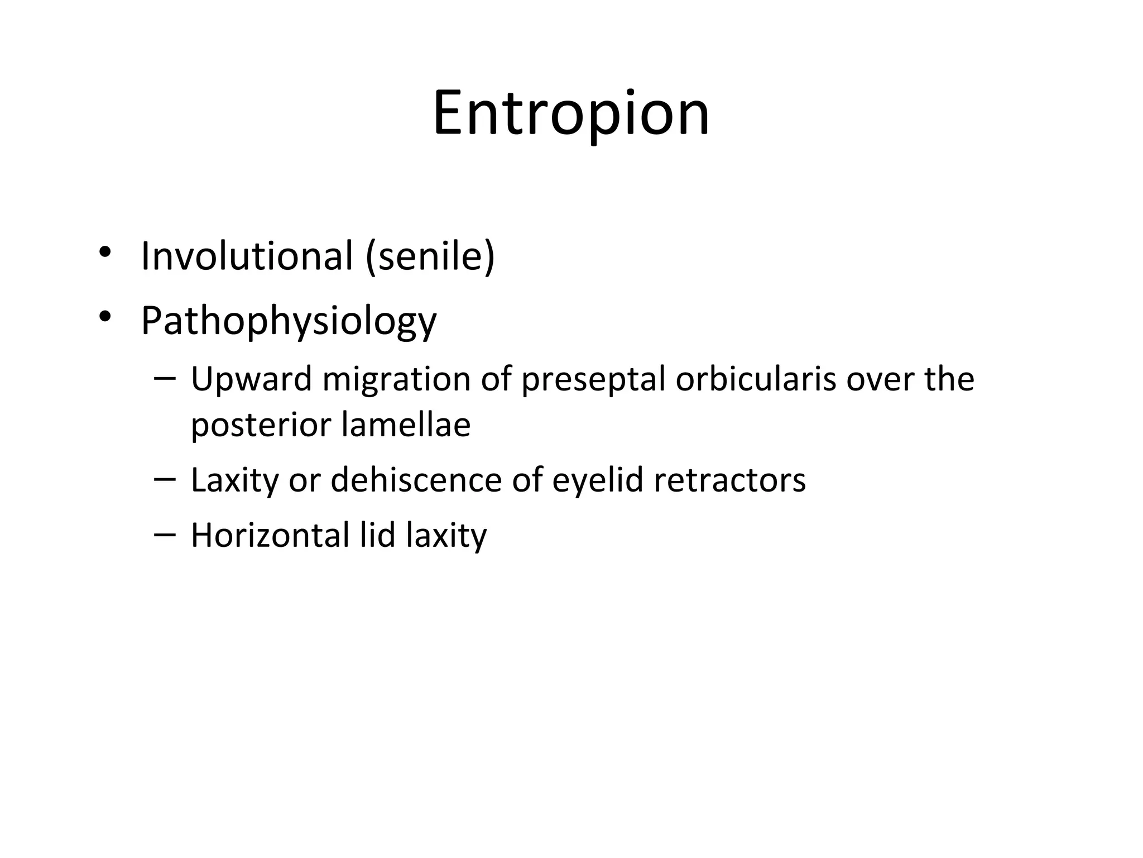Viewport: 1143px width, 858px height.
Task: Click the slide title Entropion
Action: tap(571, 115)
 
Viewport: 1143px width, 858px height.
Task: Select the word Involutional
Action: tap(247, 256)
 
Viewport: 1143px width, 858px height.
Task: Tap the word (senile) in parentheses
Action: tap(430, 256)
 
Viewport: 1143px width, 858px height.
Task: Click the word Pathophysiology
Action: tap(289, 322)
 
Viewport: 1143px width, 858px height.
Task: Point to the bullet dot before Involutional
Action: tap(104, 252)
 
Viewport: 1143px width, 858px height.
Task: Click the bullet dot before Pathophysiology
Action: tap(104, 317)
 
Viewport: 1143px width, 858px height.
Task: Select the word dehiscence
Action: tap(416, 480)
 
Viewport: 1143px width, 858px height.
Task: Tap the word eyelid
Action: tap(598, 480)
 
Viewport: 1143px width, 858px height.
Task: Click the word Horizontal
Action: tap(270, 535)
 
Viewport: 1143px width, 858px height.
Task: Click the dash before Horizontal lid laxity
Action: tap(164, 534)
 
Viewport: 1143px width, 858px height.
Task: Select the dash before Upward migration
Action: tap(164, 378)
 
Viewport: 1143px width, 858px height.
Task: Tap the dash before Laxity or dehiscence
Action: tap(164, 479)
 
